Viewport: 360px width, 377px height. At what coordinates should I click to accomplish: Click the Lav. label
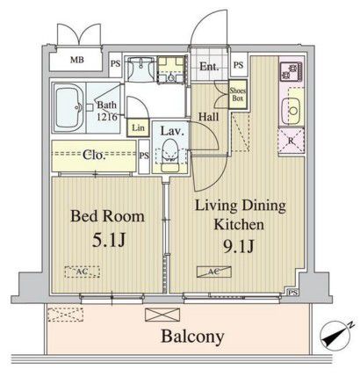tap(170, 131)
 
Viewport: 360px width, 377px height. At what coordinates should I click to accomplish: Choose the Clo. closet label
tap(94, 156)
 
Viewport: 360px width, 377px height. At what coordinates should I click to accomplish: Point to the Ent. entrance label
tap(210, 65)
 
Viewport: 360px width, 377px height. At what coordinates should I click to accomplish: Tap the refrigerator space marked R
tap(290, 141)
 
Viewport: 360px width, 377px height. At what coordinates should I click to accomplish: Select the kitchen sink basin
tap(292, 109)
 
